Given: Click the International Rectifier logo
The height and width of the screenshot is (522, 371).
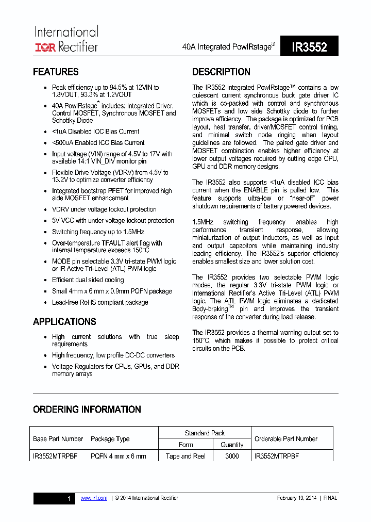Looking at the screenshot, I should point(66,39).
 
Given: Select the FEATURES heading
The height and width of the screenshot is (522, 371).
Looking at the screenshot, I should point(56,72).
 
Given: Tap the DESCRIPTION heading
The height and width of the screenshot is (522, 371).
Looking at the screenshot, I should point(221,72).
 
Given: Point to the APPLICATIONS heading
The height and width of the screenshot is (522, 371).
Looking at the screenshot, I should point(64,321).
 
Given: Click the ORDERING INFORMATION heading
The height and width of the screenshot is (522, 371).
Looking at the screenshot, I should point(87,409).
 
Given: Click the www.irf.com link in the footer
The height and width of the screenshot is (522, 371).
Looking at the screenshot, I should point(94,498).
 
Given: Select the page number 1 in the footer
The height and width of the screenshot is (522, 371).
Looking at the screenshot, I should point(69,498).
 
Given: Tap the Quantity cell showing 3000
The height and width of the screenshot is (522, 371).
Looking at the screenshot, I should point(232,456).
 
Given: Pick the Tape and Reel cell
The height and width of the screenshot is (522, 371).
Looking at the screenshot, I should point(185,456).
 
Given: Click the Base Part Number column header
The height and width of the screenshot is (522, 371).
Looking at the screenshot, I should point(58,439).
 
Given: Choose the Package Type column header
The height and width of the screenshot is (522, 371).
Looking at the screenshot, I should point(110,439).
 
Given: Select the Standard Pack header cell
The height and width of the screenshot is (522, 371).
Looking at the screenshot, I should point(205,433).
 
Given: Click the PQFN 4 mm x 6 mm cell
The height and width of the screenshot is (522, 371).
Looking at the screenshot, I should point(118,456).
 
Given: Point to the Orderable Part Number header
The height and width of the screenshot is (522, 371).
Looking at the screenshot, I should point(286,439).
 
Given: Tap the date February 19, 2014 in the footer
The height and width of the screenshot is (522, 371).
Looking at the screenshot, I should point(296,498).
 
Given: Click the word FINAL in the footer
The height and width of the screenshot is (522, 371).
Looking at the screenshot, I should point(330,498).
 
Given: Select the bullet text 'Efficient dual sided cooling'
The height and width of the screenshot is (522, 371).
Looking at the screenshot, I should point(88,280).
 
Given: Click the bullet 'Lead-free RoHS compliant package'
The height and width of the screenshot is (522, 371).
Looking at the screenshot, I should point(100,302).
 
